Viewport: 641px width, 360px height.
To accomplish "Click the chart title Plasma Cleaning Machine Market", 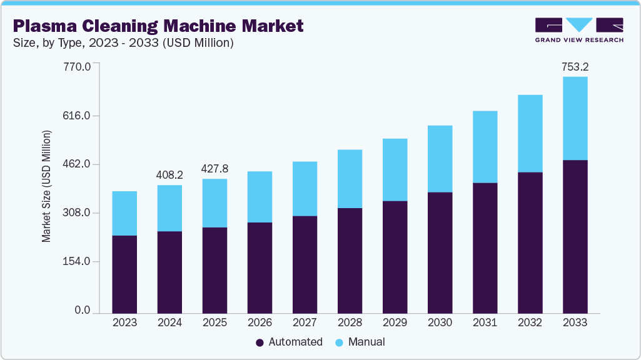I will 158,26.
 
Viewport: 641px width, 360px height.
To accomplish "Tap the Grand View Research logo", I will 579,30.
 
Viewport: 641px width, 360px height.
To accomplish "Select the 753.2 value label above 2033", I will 575,66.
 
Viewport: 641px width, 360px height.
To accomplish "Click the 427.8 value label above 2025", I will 215,169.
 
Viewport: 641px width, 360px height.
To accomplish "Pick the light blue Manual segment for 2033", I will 575,118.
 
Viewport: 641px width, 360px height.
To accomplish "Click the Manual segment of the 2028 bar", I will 350,179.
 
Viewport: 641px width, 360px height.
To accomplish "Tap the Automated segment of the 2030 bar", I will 440,252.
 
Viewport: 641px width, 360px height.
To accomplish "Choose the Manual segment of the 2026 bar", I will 260,197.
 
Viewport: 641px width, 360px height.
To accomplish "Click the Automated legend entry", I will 289,342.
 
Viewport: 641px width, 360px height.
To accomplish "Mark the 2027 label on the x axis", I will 305,322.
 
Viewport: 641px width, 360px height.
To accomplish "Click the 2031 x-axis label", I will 485,322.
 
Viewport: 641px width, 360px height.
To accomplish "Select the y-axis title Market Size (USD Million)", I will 46,186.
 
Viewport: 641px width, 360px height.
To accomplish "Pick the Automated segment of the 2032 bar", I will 530,242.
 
